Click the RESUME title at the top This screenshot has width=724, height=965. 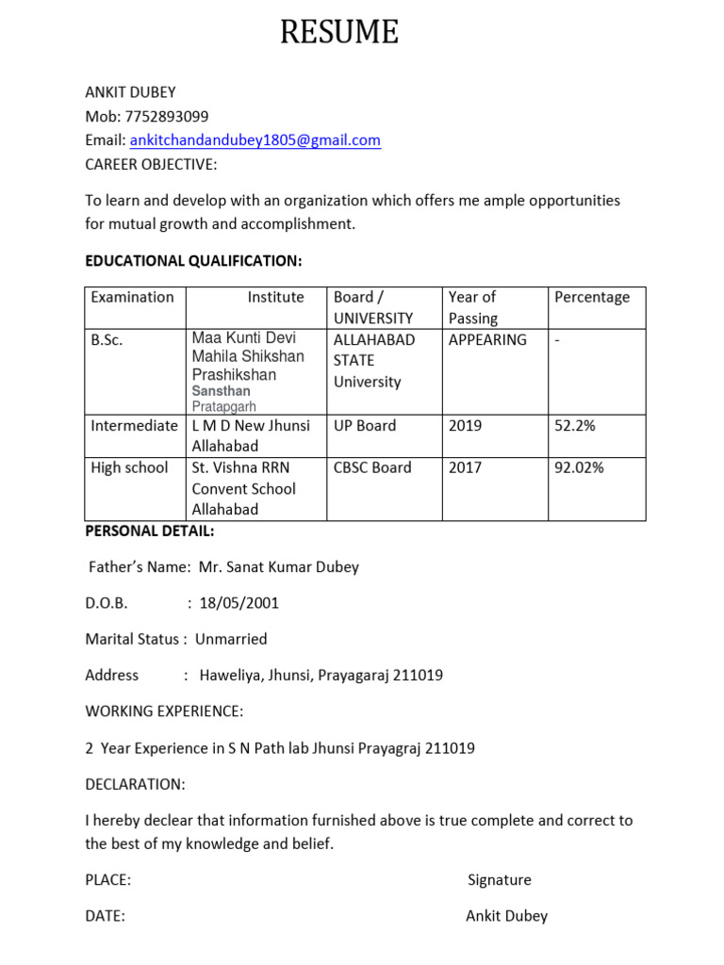click(x=339, y=34)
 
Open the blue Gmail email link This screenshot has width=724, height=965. click(x=255, y=140)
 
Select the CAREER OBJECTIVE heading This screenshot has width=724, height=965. click(x=151, y=165)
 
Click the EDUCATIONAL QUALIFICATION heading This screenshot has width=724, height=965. click(x=193, y=260)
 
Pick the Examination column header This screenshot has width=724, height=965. click(x=132, y=297)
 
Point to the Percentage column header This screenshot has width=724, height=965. click(x=592, y=297)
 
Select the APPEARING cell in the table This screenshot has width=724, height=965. click(x=487, y=339)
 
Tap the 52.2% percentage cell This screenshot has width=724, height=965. click(x=575, y=425)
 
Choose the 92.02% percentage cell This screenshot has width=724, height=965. click(x=579, y=467)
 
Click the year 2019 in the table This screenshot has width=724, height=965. click(x=465, y=425)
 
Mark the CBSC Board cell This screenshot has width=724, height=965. click(x=372, y=467)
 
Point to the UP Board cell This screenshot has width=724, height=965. click(x=365, y=425)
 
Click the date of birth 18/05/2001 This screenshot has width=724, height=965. click(x=239, y=603)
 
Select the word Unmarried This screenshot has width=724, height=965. click(x=231, y=639)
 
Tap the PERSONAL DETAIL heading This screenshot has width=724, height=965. click(x=150, y=532)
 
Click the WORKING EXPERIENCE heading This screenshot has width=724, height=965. click(x=164, y=711)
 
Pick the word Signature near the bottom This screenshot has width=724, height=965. click(x=500, y=880)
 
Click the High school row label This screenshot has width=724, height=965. click(x=129, y=467)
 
